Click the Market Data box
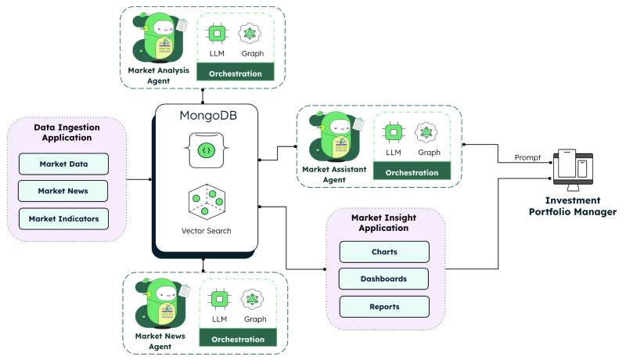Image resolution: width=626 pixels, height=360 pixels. (64, 164)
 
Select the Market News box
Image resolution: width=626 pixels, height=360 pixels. (64, 191)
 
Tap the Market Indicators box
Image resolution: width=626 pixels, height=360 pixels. (64, 218)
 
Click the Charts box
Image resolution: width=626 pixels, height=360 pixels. (384, 252)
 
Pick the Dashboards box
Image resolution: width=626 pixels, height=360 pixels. (384, 279)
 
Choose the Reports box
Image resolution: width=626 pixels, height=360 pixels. (384, 306)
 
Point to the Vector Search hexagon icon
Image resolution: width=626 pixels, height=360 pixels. (205, 203)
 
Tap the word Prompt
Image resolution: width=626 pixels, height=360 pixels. (527, 157)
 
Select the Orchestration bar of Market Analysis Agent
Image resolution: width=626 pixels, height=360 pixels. (236, 72)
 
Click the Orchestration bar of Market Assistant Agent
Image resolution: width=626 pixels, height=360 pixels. (412, 172)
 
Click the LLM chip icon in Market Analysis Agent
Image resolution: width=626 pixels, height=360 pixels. (217, 34)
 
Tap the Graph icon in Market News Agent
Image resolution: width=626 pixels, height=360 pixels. (254, 299)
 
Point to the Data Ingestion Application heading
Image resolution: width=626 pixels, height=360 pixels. (64, 132)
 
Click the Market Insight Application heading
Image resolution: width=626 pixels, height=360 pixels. (384, 222)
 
